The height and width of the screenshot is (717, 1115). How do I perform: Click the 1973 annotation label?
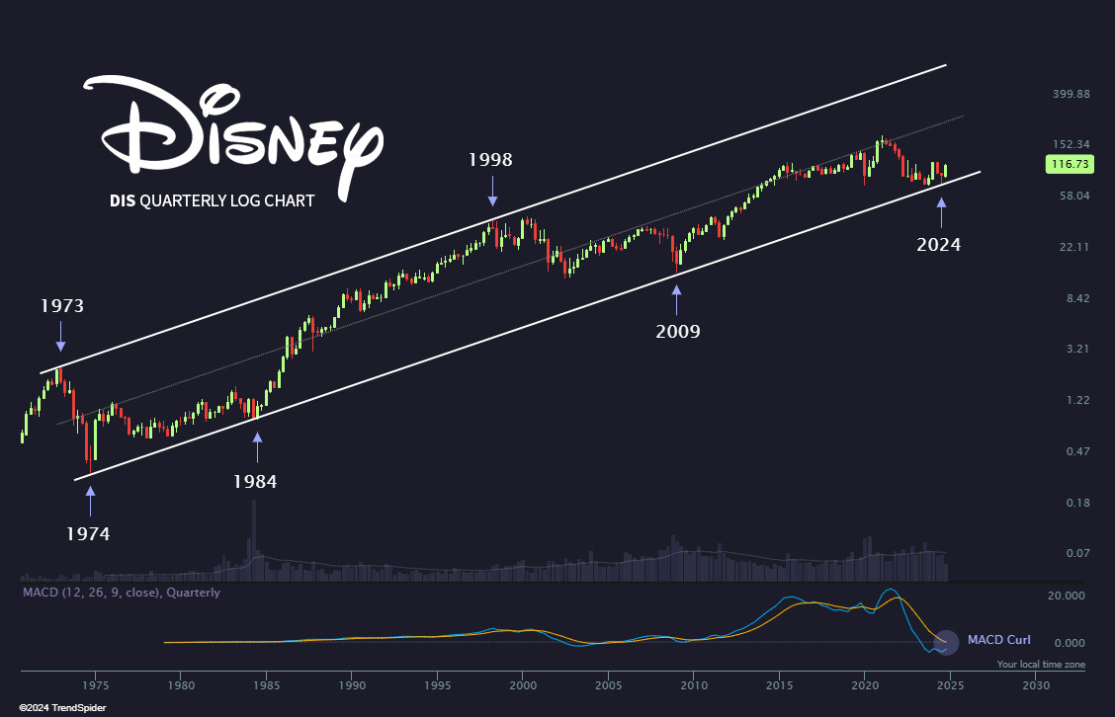click(x=61, y=306)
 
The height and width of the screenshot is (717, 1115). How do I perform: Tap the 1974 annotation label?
click(x=88, y=533)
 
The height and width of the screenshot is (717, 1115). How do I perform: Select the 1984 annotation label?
click(x=255, y=482)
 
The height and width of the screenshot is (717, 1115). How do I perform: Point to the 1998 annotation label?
click(x=491, y=159)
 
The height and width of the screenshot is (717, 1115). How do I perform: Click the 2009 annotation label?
click(x=678, y=331)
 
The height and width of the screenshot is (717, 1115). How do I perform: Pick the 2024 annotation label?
click(x=938, y=244)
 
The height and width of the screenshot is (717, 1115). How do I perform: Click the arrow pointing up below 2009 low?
click(x=677, y=297)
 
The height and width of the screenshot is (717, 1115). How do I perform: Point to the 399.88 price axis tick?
click(x=1069, y=94)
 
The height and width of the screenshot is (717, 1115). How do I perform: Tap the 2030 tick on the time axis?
click(x=1035, y=683)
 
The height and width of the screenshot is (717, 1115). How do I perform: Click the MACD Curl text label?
click(x=998, y=640)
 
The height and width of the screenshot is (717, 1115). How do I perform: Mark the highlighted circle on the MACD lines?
click(x=946, y=643)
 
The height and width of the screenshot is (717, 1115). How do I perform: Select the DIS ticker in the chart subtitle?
click(x=123, y=200)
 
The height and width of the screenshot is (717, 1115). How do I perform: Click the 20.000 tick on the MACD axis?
click(x=1066, y=596)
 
